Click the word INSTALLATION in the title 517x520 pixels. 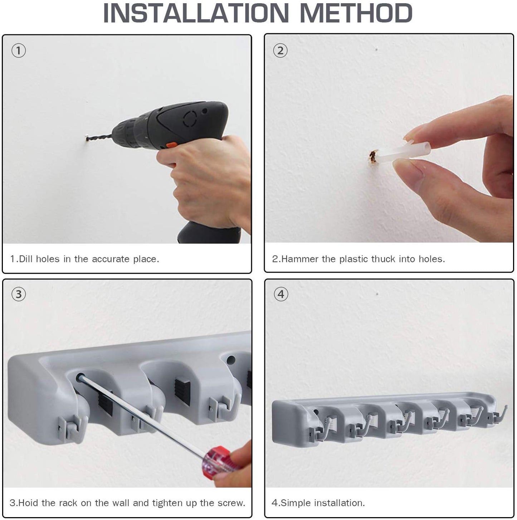(x=196, y=13)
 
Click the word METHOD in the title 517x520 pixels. (x=356, y=13)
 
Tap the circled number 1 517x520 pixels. (x=19, y=51)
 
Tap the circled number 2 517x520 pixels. (x=281, y=51)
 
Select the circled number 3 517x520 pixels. (x=19, y=294)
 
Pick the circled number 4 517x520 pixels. (x=281, y=294)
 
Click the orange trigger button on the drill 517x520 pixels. (x=172, y=145)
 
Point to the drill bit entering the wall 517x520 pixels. (x=99, y=137)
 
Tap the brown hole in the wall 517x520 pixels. (x=373, y=156)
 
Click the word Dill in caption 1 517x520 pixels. (x=26, y=259)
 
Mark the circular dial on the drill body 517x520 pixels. (x=190, y=119)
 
